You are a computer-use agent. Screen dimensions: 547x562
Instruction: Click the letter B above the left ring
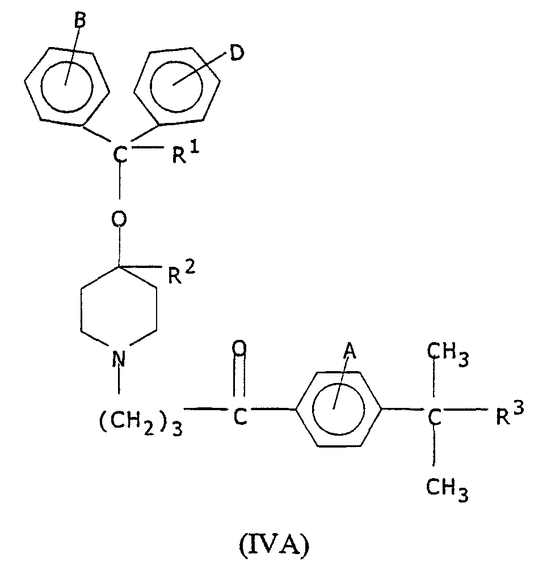click(81, 20)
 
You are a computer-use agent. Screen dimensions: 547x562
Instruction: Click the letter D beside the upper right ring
click(237, 53)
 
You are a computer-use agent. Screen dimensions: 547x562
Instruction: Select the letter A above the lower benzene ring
click(350, 351)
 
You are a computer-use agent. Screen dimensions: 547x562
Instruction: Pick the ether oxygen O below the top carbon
click(119, 219)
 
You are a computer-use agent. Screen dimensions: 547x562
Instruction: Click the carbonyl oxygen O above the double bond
click(239, 348)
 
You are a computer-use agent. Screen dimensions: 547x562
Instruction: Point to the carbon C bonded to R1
click(120, 155)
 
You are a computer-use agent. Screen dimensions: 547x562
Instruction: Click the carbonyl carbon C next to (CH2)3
click(240, 416)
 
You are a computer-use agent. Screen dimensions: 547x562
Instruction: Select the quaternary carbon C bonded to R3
click(434, 416)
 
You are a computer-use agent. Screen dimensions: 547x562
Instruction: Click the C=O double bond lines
click(239, 376)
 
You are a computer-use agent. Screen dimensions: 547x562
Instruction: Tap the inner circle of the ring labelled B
click(67, 87)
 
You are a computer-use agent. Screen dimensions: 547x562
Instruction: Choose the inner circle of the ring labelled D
click(176, 86)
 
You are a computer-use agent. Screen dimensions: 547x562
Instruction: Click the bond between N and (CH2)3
click(119, 380)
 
